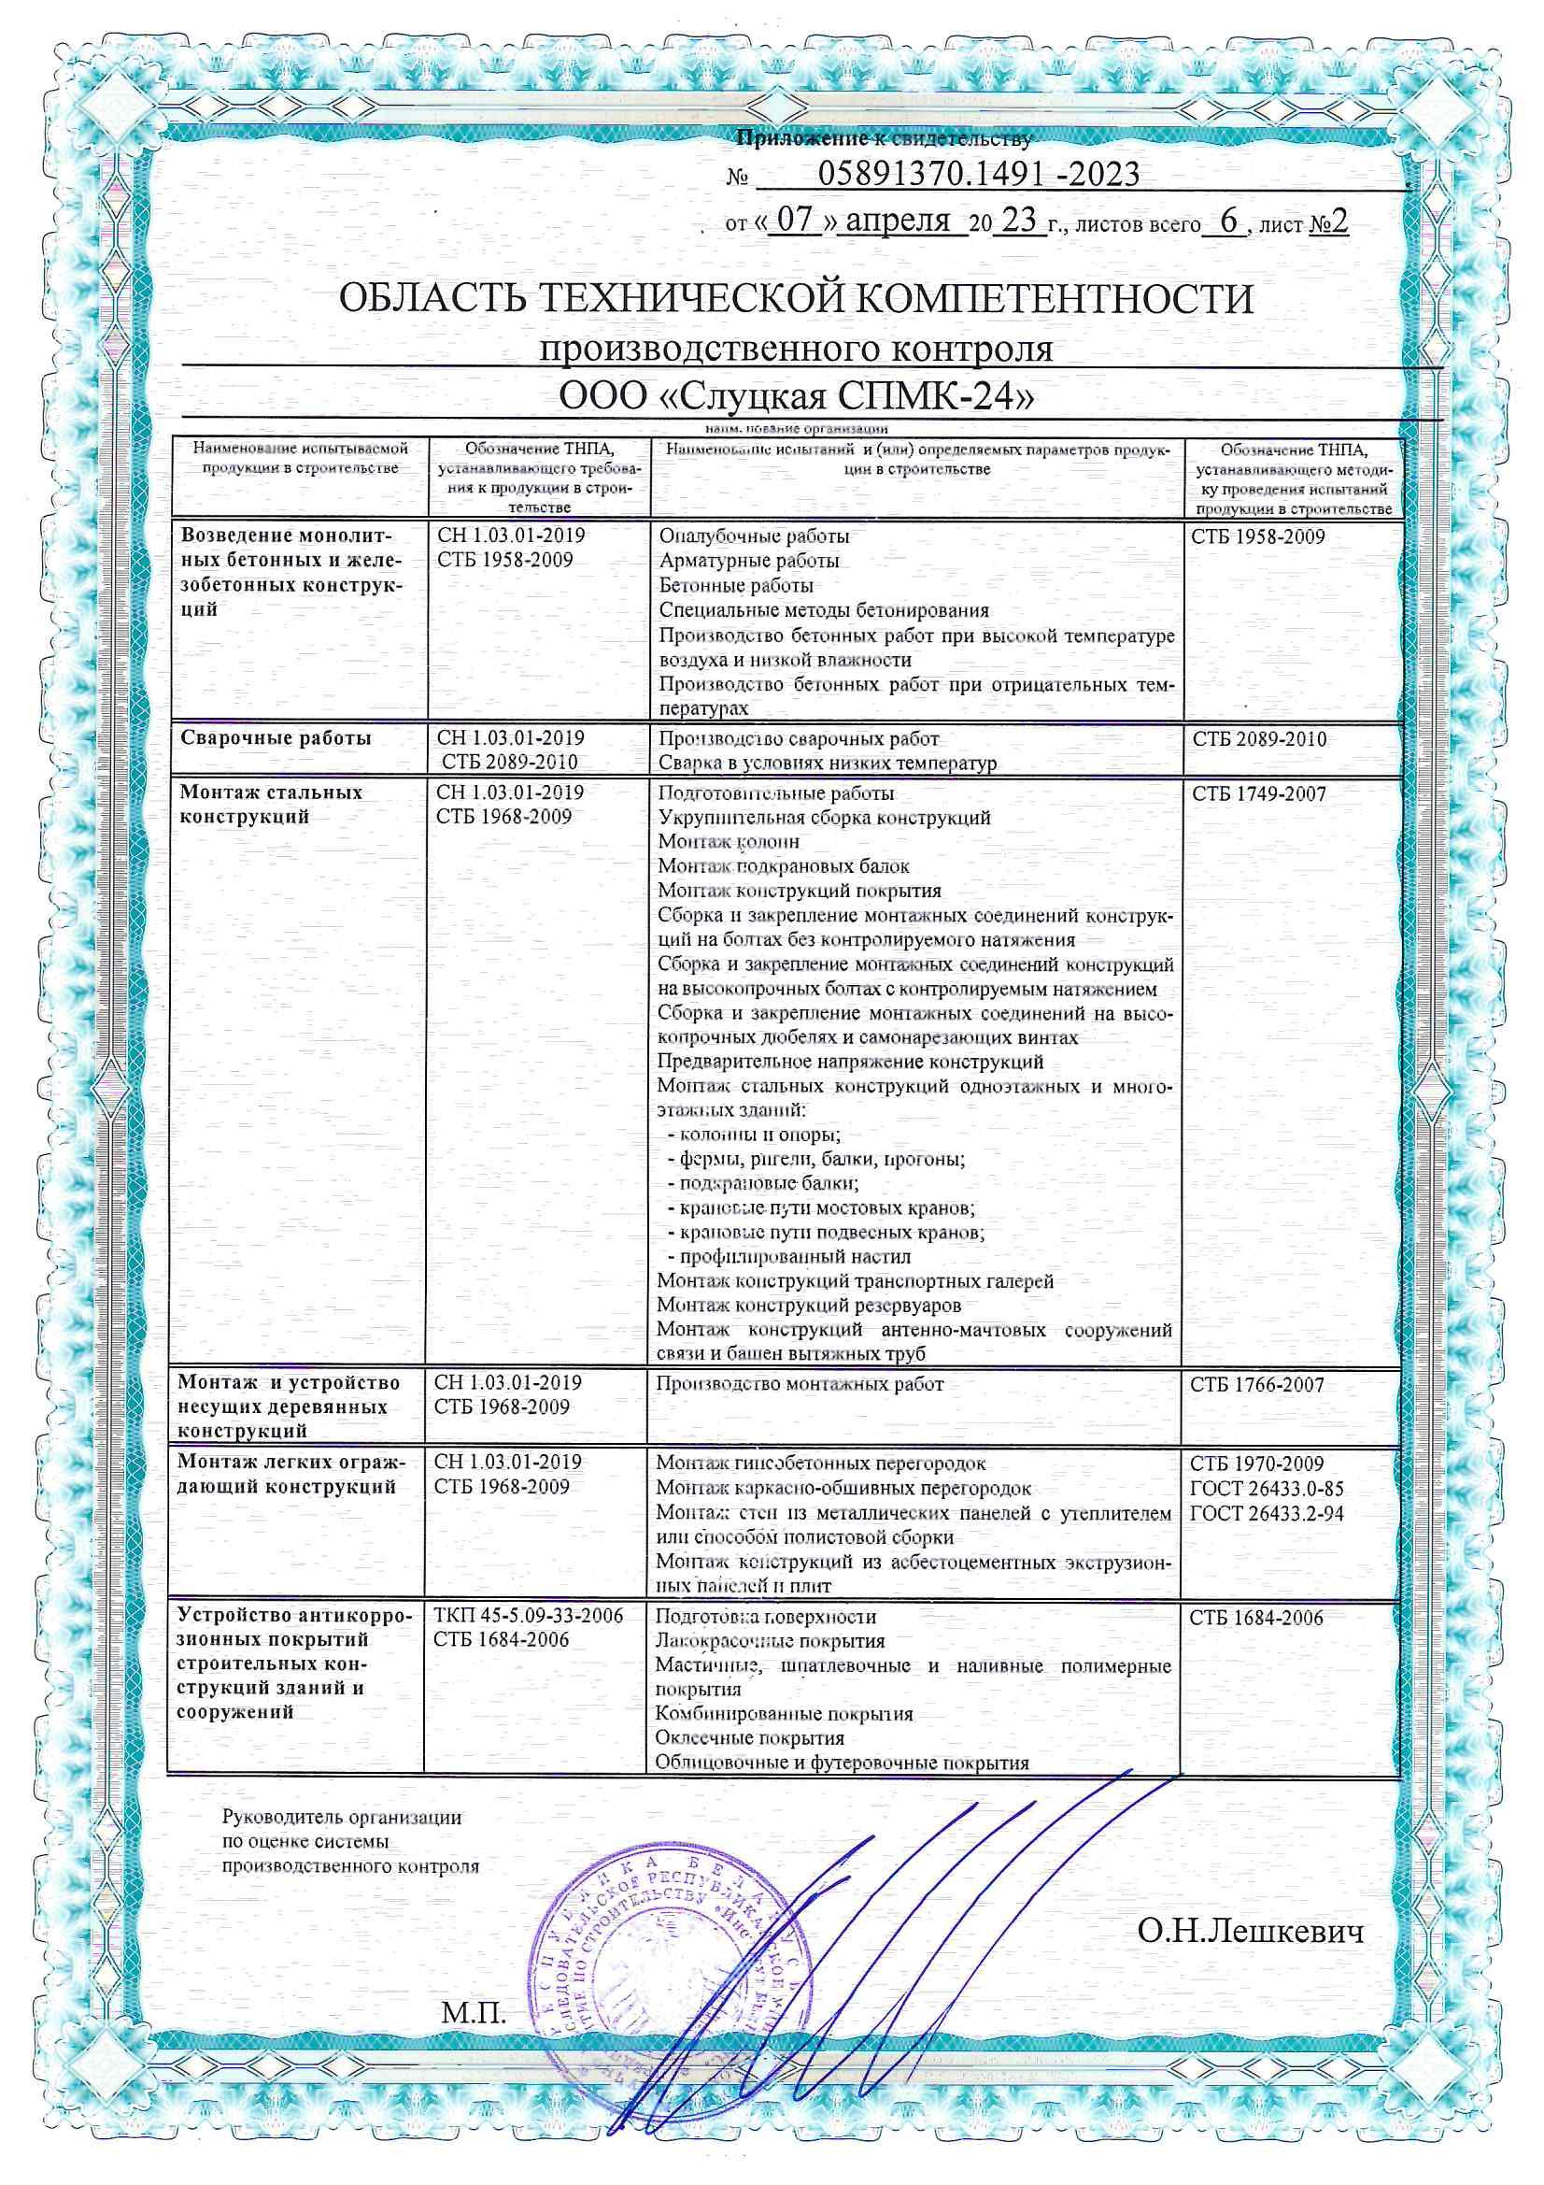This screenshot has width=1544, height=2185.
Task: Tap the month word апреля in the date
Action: tap(898, 221)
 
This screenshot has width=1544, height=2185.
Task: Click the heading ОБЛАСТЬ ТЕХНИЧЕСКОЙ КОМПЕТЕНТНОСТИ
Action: tap(796, 300)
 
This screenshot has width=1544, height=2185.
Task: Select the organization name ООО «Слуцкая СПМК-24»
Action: tap(796, 395)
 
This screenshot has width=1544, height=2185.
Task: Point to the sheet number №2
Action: tap(1329, 221)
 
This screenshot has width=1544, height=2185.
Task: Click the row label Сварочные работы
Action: tap(276, 738)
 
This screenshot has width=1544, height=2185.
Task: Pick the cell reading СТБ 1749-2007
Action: tap(1257, 793)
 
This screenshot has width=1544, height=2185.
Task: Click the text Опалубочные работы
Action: tap(754, 536)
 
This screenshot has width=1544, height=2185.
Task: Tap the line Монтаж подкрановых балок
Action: tap(783, 866)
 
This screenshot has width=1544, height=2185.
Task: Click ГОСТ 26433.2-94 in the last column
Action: tap(1267, 1513)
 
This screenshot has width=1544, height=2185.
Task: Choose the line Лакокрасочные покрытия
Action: tap(771, 1641)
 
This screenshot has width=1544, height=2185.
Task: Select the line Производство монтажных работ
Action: tap(800, 1385)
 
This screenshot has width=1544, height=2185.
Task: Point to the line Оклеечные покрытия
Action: tap(750, 1737)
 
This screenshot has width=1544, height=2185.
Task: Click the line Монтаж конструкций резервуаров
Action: tap(809, 1305)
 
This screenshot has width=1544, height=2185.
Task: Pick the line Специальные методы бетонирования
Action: tap(824, 610)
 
